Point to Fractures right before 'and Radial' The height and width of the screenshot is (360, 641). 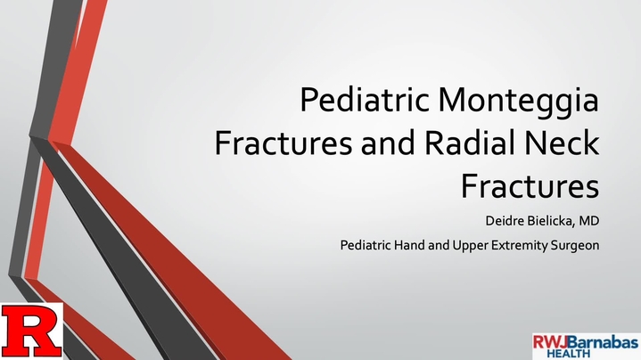coord(283,143)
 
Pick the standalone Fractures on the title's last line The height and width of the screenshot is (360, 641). coord(530,186)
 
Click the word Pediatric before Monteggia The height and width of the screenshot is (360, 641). coord(365,100)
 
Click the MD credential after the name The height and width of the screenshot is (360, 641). coord(589,221)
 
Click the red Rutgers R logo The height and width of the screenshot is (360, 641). coord(32,331)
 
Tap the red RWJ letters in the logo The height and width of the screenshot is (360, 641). coord(550,342)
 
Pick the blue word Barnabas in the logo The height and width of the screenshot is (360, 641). coord(603,342)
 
